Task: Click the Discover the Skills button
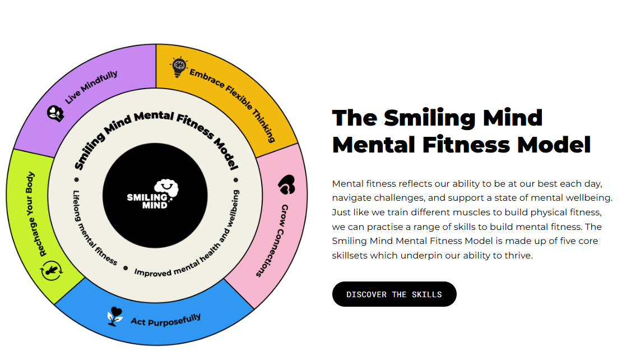394,294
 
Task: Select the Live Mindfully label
91,87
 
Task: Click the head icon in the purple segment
55,113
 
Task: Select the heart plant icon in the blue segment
115,316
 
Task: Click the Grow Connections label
271,241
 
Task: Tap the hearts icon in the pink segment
286,184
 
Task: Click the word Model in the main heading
554,145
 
